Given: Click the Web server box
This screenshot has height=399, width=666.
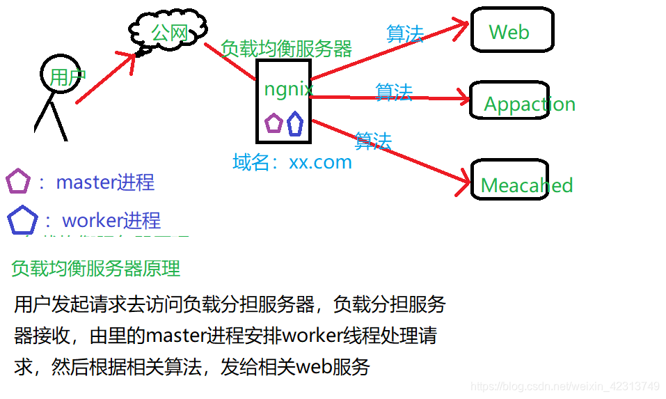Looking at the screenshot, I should point(512,31).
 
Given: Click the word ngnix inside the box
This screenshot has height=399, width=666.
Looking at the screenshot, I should point(288,88).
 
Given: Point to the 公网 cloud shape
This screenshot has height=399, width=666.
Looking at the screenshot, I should point(169,32).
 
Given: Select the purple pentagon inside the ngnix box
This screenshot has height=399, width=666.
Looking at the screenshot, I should point(273,123).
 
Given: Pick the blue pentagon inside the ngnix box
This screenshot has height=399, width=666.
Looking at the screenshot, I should point(295,123).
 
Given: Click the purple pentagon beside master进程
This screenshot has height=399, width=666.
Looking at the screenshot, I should point(17,182).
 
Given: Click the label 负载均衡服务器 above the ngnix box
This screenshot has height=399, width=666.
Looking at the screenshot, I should point(286,49).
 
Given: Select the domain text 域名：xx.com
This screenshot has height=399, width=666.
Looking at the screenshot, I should point(292,162).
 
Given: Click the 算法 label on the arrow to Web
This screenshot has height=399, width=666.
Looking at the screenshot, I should point(405,33).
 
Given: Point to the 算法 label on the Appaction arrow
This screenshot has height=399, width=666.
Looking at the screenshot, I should point(394,92).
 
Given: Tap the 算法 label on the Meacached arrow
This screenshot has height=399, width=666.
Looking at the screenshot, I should point(373,141).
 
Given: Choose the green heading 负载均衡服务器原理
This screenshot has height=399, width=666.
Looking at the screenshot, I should point(96,268).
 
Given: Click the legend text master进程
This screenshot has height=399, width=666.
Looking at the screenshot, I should point(105,182).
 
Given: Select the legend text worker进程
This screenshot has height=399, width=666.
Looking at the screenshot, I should point(111,221).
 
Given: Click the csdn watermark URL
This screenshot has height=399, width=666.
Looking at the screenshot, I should point(564,385).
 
